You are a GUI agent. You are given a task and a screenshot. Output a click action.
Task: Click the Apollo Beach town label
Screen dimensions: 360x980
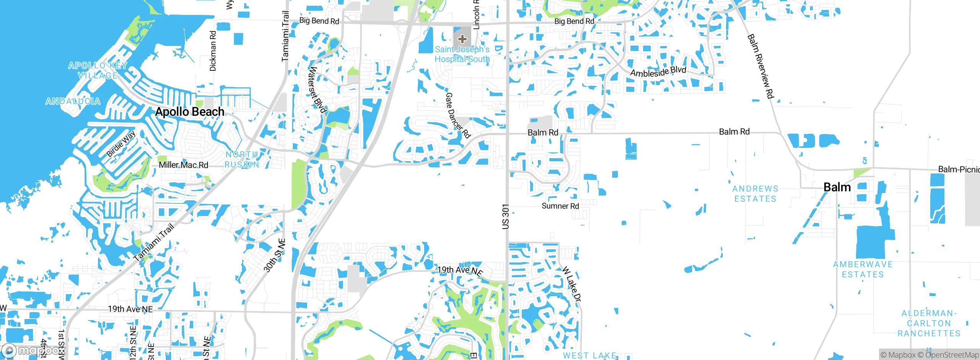click(189, 112)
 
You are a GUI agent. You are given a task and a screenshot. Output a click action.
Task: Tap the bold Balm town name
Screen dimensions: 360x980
click(837, 187)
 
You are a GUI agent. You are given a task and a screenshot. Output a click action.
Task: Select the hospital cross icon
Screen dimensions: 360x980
click(462, 39)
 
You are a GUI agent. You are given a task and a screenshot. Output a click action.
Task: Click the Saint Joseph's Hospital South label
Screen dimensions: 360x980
click(462, 54)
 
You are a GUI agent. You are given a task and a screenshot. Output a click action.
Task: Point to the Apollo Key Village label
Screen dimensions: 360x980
click(98, 70)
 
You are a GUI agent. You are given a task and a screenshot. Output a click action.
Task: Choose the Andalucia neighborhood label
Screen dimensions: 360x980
click(73, 101)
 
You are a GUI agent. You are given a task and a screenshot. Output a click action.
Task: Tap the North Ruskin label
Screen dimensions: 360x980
click(242, 159)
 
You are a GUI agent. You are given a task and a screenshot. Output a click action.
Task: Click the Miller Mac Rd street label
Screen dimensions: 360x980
click(183, 165)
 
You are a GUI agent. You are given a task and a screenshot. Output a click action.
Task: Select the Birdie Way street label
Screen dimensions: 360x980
click(121, 144)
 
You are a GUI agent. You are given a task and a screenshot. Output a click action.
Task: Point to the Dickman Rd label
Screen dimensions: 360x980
click(213, 51)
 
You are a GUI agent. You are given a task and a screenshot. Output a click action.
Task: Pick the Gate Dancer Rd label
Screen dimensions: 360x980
click(457, 115)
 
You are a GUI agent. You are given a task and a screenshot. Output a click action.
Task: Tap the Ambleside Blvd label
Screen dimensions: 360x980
click(658, 72)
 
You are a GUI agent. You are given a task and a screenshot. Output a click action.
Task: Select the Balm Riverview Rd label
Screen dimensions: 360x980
click(761, 66)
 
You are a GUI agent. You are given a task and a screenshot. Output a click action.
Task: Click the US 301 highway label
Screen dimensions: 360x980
click(506, 216)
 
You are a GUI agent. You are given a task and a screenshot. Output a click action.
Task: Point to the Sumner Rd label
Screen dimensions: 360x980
click(560, 206)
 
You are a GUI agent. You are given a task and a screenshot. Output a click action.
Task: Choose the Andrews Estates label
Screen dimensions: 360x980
click(755, 194)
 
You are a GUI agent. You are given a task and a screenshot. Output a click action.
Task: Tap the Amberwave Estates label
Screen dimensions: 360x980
click(863, 269)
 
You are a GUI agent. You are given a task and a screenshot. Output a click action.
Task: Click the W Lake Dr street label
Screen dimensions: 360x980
click(572, 285)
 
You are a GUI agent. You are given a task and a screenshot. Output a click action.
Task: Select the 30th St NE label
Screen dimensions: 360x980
click(274, 255)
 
